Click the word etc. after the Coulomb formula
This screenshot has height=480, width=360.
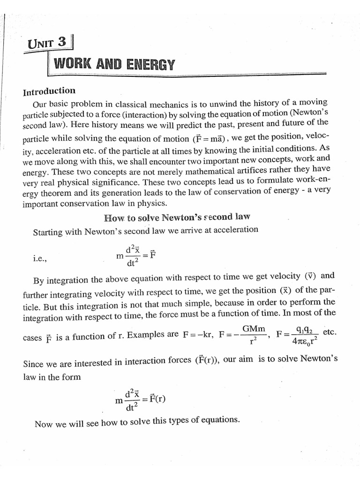click(x=330, y=332)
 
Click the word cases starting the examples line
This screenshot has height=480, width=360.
click(x=32, y=337)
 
